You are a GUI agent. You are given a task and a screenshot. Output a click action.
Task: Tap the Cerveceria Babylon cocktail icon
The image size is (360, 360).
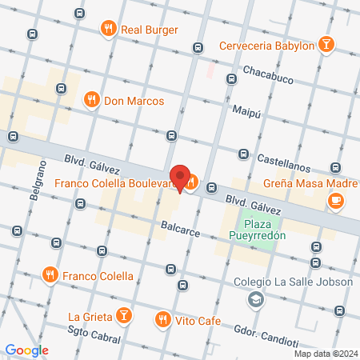click(x=326, y=45)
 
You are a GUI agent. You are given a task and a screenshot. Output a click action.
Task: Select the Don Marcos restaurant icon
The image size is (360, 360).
click(x=92, y=101)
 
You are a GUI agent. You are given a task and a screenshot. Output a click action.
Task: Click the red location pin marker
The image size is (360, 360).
click(x=180, y=178)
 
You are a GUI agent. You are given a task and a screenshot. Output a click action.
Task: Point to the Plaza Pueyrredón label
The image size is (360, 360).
click(x=258, y=232)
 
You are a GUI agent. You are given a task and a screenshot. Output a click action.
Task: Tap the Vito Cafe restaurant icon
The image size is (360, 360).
click(x=163, y=319)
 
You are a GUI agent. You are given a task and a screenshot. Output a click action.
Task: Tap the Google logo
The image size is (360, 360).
click(x=26, y=350)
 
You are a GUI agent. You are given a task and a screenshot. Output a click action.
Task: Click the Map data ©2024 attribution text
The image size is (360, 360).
click(x=325, y=354)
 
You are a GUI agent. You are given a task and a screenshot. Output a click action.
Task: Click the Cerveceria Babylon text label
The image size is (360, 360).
click(x=266, y=46)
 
